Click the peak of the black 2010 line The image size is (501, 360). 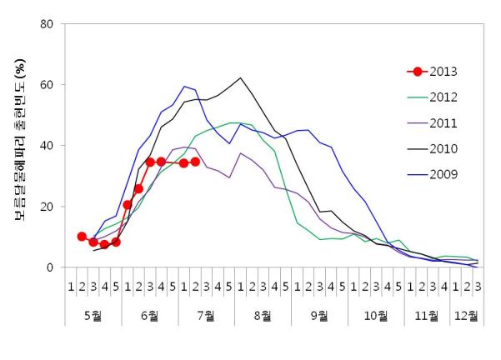(240, 78)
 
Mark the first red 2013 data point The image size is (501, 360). (82, 237)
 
